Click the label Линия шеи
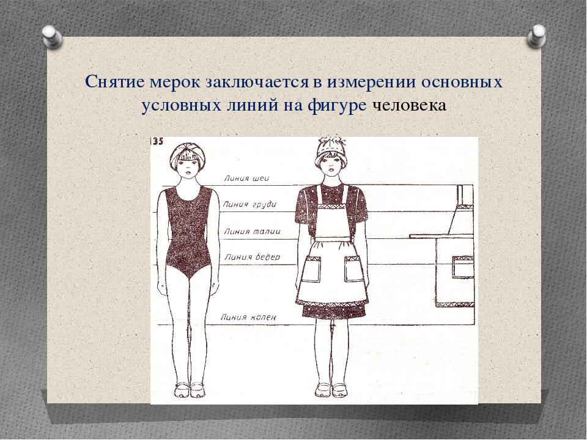[x=246, y=178]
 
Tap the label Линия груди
[x=249, y=204]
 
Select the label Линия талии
[x=252, y=232]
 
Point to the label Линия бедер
[x=253, y=257]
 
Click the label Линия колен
[x=248, y=317]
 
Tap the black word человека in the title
[x=409, y=105]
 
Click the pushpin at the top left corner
[x=51, y=37]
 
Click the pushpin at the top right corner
[x=536, y=36]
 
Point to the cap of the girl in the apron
[x=331, y=150]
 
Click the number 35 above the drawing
[x=157, y=141]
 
